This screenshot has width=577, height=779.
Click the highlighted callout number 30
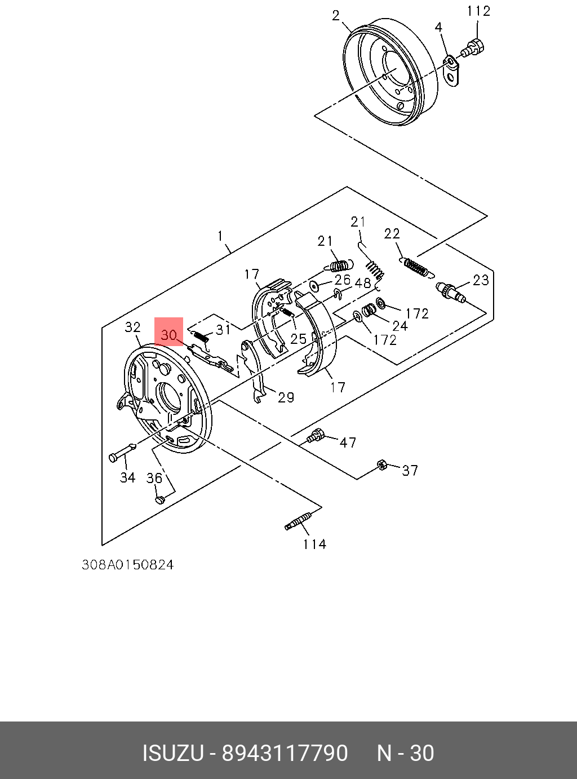(x=169, y=335)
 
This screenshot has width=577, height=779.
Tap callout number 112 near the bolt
(x=478, y=11)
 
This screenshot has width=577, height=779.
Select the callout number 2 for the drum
(x=336, y=16)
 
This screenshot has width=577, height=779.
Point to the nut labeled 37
(x=381, y=465)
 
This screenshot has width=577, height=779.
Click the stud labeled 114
(x=298, y=521)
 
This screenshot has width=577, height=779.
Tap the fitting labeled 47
(x=316, y=435)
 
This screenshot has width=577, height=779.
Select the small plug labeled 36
(x=159, y=499)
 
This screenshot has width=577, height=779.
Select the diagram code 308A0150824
(x=128, y=565)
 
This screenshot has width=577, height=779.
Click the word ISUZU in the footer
(x=172, y=753)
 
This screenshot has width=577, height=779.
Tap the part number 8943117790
(x=285, y=753)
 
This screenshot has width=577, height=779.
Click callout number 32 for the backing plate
(x=132, y=327)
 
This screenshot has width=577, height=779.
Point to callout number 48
(x=362, y=283)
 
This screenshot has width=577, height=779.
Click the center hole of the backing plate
(x=170, y=396)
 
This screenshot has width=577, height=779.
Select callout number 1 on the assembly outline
(x=220, y=236)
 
